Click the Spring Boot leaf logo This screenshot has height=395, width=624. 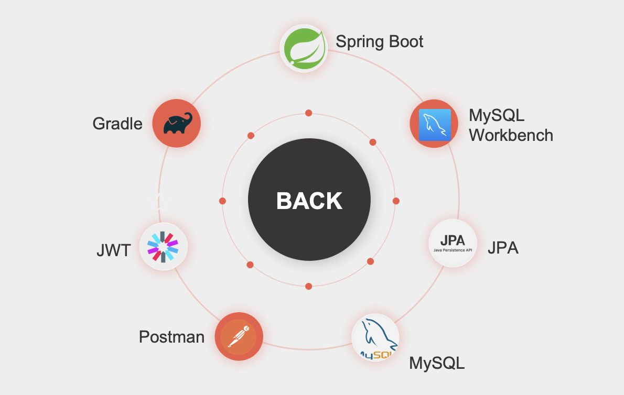[x=304, y=48]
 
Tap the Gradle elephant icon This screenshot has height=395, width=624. [x=177, y=124]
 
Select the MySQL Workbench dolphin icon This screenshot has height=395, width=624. [x=434, y=124]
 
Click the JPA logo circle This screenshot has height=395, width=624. [x=453, y=243]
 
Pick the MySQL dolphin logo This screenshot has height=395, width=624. [x=375, y=337]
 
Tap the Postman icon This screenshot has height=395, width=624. [x=239, y=336]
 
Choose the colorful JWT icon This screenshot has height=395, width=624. [x=163, y=247]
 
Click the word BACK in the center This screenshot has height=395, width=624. [x=309, y=201]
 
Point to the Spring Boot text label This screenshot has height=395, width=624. [x=380, y=41]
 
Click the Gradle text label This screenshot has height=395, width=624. [x=117, y=124]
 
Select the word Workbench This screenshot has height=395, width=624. [x=511, y=135]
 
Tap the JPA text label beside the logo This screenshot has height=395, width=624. [x=503, y=247]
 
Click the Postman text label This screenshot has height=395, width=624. [x=171, y=336]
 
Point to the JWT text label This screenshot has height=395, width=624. [x=113, y=250]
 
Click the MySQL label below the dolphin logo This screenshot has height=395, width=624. [x=437, y=363]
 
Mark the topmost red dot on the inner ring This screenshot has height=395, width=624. [x=309, y=113]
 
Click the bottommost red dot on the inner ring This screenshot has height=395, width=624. [x=308, y=286]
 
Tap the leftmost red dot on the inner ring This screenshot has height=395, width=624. [x=222, y=201]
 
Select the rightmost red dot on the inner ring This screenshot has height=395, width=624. [x=396, y=201]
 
